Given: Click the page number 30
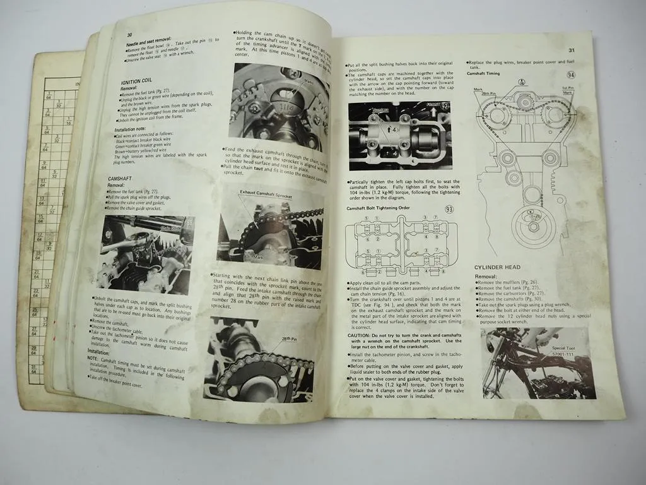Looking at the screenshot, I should [129, 35].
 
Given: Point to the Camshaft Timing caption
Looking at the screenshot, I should [484, 74].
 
